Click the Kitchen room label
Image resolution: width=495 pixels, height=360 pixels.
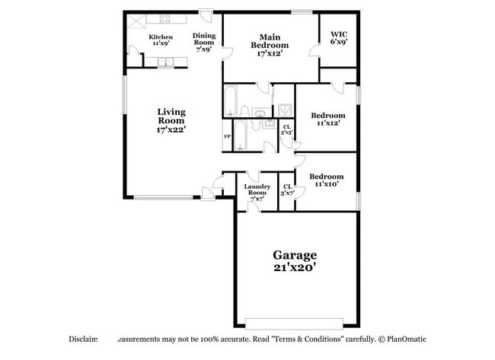160,40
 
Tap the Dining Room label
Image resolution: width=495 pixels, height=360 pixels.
203,42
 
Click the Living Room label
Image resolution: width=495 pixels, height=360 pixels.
171,121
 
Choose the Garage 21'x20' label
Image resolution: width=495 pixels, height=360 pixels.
295,261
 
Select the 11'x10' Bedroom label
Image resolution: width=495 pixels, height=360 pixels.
326,180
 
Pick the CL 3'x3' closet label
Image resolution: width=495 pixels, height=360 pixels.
286,130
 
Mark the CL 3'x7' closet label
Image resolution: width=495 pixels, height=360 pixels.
287,190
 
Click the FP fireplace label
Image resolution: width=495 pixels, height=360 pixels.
227,137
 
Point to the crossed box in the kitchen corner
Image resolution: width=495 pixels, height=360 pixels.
138,21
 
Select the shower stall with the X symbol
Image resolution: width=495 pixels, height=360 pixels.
283,111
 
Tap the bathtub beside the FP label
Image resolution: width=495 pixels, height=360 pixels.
239,135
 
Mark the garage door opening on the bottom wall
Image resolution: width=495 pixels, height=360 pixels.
295,322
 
